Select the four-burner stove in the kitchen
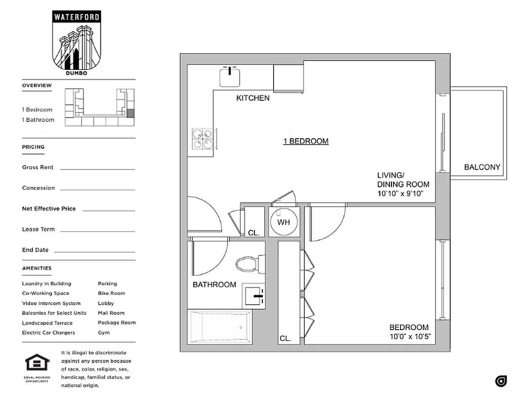click(x=203, y=140)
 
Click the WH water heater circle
click(x=283, y=222)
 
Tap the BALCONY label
click(x=482, y=167)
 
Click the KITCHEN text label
click(x=253, y=98)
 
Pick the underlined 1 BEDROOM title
click(x=305, y=141)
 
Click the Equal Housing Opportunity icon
click(x=37, y=366)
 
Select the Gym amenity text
click(x=104, y=333)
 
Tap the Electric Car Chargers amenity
click(x=48, y=333)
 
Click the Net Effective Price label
click(x=49, y=209)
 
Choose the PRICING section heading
click(x=33, y=147)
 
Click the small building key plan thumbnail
click(x=100, y=107)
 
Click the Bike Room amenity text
click(x=111, y=293)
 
